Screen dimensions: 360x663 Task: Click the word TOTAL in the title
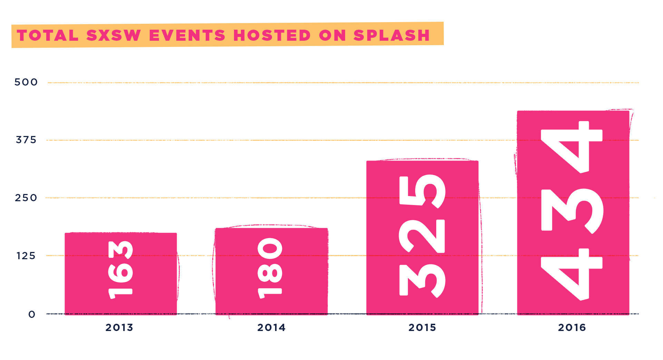[x=48, y=35]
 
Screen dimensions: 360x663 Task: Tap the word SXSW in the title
[x=114, y=35]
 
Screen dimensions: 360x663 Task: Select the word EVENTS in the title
[x=187, y=35]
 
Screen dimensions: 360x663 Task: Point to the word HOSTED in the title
[x=272, y=35]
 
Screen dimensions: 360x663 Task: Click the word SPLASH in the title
[x=391, y=35]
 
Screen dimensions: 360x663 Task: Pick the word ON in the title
[x=332, y=35]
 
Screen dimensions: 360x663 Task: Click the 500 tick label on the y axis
[x=26, y=82]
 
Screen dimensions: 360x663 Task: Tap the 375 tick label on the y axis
[x=26, y=140]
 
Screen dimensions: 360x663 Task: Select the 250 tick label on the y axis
[x=26, y=198]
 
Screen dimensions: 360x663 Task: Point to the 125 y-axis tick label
[x=26, y=256]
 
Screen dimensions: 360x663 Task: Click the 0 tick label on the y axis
[x=32, y=314]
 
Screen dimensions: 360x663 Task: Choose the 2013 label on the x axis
[x=119, y=327]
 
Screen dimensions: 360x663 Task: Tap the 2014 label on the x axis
[x=271, y=327]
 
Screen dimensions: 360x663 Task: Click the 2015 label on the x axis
[x=422, y=327]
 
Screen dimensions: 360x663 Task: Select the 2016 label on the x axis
[x=572, y=327]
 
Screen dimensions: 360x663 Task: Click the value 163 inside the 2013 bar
[x=120, y=269]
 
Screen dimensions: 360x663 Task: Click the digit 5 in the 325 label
[x=422, y=191]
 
